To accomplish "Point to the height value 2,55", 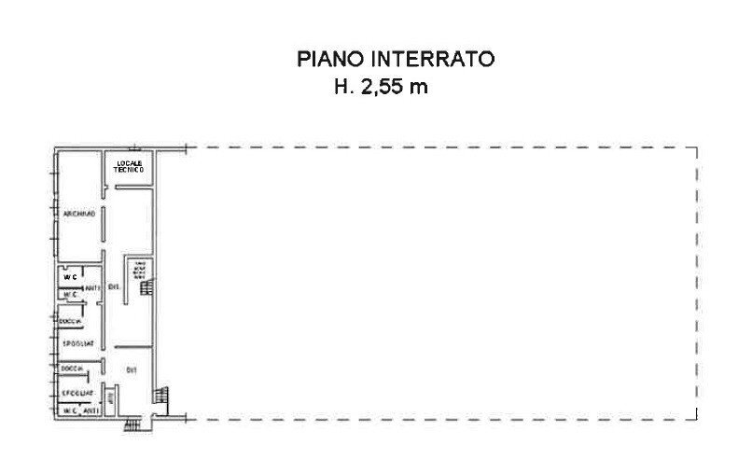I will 383,89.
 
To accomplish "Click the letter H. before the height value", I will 343,89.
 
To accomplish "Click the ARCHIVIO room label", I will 79,215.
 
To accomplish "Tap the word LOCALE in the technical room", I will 128,165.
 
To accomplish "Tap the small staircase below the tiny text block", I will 145,289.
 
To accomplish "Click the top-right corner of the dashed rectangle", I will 699,147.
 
